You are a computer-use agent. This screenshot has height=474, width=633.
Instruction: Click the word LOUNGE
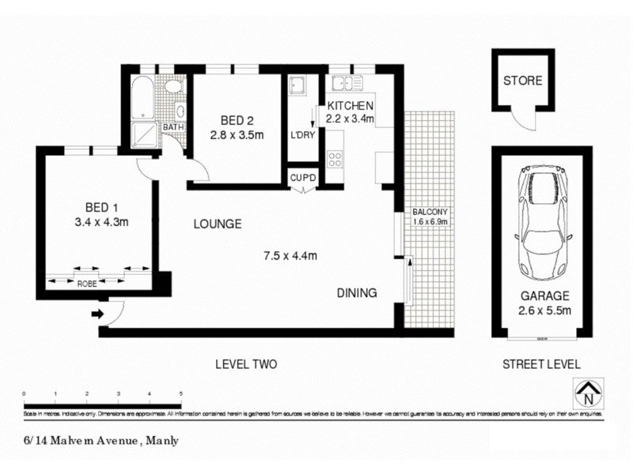coord(218,224)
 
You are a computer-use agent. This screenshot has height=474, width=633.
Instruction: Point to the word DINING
coord(357,293)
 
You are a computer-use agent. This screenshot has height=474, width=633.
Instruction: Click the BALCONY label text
coord(430,212)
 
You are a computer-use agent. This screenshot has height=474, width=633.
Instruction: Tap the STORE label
coord(523,81)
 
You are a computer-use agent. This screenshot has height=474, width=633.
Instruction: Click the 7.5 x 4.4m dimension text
coord(290,255)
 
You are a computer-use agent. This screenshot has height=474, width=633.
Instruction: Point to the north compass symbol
coord(586,391)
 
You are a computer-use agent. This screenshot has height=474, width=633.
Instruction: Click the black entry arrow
coord(98,314)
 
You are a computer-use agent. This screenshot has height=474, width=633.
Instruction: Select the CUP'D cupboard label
coord(303,178)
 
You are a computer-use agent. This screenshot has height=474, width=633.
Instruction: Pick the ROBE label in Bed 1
coord(86,282)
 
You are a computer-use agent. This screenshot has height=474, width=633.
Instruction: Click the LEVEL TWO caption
coord(246,364)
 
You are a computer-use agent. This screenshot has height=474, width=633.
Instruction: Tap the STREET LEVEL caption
coord(541,364)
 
